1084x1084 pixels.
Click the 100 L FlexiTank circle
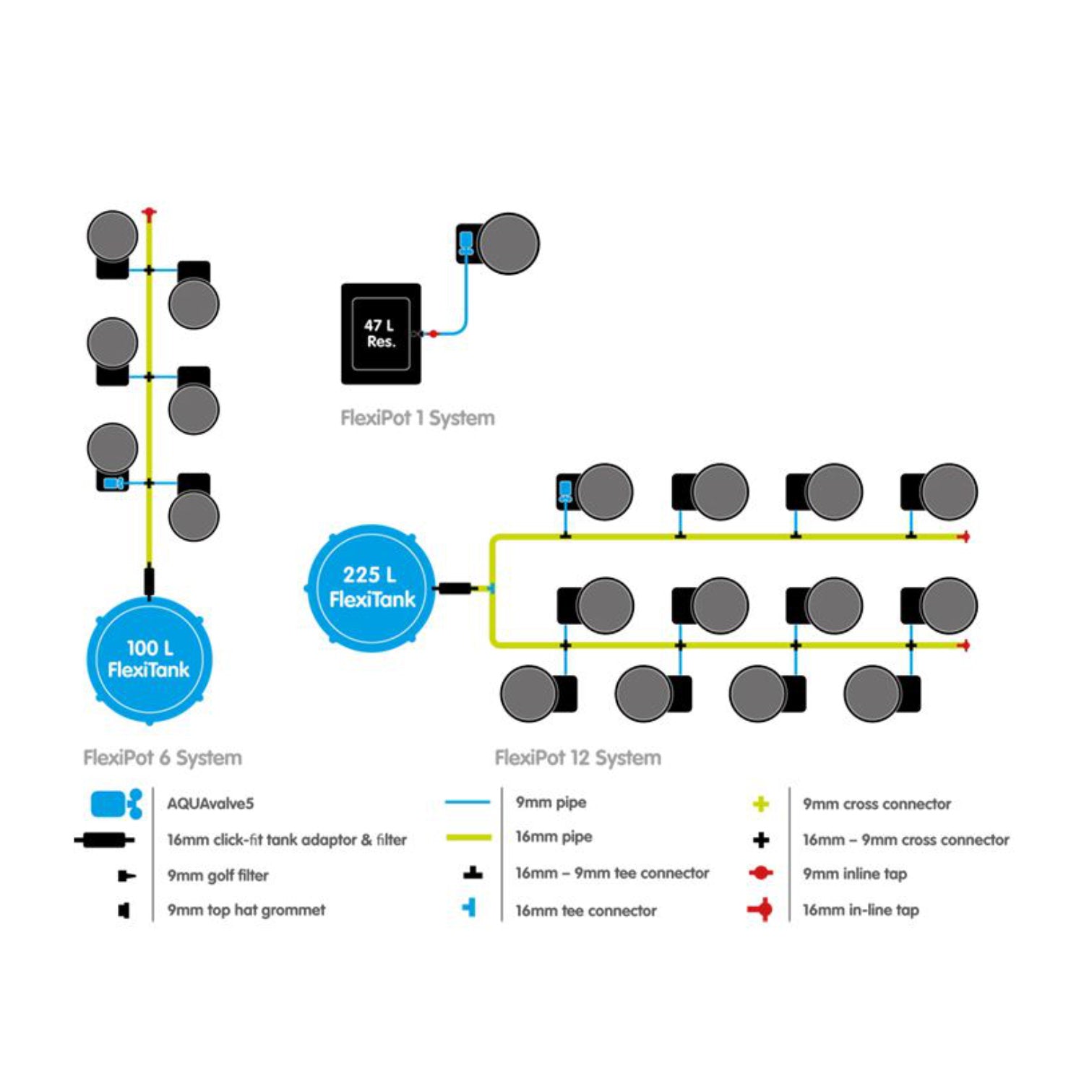tap(149, 660)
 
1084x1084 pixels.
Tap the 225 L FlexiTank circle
tap(371, 588)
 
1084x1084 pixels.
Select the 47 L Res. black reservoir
tap(381, 333)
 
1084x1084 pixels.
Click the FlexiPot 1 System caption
tap(418, 418)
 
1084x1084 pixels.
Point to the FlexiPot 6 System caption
tap(163, 757)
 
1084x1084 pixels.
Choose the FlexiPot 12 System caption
tap(577, 757)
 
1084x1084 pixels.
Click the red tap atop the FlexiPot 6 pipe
tap(150, 214)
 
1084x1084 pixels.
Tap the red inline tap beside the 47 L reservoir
tap(433, 334)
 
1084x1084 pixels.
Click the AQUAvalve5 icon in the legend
tap(116, 804)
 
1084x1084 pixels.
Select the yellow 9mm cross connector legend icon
tap(760, 804)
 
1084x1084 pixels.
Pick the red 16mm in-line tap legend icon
tap(760, 909)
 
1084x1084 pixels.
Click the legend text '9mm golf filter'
tap(218, 875)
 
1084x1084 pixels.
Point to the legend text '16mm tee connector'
tap(585, 911)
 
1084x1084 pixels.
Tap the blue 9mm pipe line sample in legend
tap(468, 802)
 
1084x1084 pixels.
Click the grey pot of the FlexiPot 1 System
tap(509, 244)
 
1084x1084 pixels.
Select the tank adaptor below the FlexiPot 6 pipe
tap(150, 581)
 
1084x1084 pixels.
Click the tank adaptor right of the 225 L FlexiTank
tap(455, 588)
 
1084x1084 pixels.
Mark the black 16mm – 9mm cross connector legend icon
tap(760, 840)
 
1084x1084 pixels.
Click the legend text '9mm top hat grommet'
tap(246, 910)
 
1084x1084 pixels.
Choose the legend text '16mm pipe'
tap(554, 837)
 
